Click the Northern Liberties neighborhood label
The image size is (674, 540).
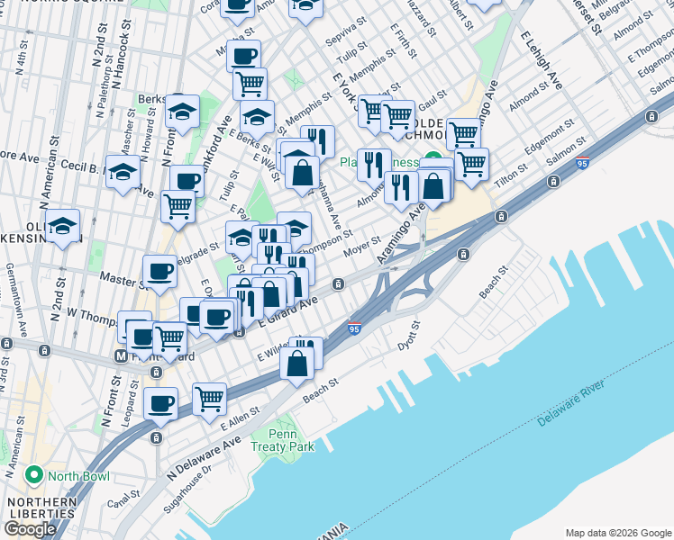coord(38,507)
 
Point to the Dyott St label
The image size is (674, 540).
coord(409,336)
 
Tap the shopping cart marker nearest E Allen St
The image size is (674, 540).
coord(209,397)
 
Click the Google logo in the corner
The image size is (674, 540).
coord(29,529)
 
